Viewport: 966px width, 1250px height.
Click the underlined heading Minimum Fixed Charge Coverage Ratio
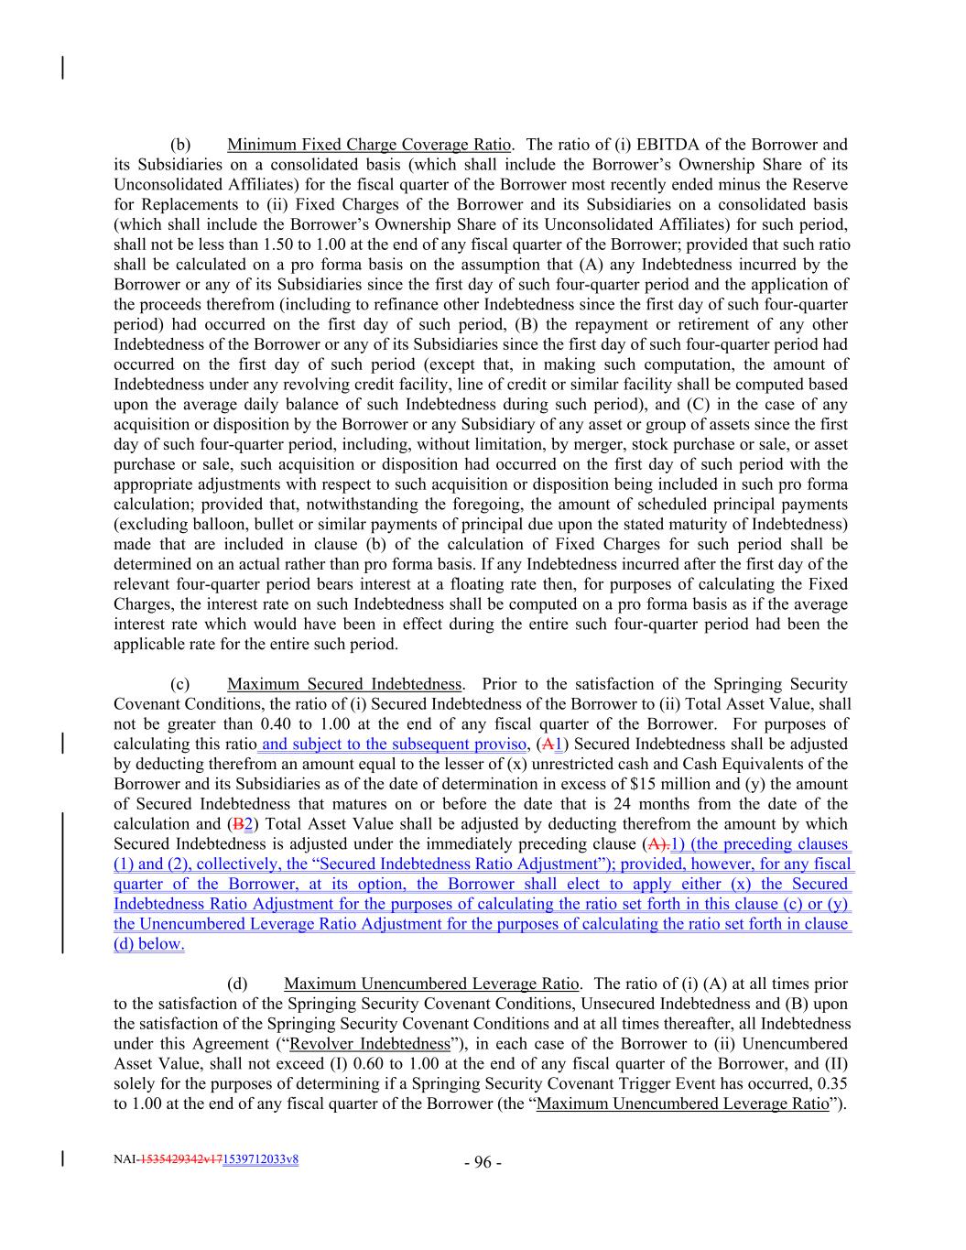click(x=369, y=145)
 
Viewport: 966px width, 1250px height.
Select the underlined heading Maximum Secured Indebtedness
click(x=344, y=684)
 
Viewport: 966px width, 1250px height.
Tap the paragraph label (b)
click(x=179, y=145)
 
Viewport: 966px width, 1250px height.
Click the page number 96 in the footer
click(x=483, y=1163)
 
